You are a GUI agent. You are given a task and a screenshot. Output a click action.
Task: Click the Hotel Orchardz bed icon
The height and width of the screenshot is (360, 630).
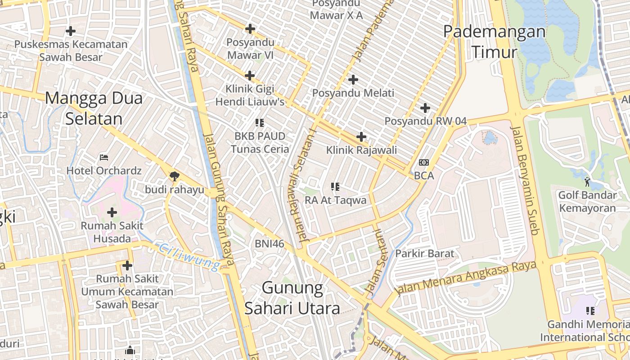click(x=104, y=157)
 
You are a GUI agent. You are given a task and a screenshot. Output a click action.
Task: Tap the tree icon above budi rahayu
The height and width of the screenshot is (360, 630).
click(x=174, y=176)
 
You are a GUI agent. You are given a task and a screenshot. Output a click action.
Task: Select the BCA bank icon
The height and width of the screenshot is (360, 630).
click(x=424, y=162)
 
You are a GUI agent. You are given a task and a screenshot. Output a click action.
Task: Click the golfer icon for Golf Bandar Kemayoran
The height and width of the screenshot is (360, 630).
click(x=587, y=182)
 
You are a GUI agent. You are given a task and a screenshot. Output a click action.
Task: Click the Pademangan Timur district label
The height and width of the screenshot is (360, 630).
click(x=494, y=42)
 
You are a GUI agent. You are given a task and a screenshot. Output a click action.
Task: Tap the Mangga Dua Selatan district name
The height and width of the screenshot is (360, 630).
click(x=94, y=108)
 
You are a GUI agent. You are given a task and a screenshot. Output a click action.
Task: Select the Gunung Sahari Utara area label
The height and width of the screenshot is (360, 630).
click(x=292, y=297)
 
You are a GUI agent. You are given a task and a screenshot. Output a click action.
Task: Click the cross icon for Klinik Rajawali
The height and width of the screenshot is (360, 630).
click(x=361, y=136)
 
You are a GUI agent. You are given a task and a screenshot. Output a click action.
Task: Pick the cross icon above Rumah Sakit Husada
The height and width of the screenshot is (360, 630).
click(x=112, y=212)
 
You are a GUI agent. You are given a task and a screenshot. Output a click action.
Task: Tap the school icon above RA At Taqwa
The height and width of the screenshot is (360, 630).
click(x=335, y=186)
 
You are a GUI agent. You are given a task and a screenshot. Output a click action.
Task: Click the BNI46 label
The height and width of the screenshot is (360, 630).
click(x=270, y=243)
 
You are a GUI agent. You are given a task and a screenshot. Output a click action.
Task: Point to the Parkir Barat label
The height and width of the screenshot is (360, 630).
click(x=425, y=253)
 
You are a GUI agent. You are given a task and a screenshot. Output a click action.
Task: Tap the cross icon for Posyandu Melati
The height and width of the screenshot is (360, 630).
click(x=353, y=80)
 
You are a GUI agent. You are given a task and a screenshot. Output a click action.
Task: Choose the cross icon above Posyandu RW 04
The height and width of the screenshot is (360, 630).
click(x=425, y=108)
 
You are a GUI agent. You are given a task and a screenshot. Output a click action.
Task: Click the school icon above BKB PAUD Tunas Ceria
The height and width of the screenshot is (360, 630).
click(x=260, y=122)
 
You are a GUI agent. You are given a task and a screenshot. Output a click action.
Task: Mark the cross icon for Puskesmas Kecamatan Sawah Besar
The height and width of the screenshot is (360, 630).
click(x=71, y=31)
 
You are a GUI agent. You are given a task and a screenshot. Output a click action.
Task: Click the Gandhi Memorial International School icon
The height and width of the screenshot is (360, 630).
click(x=590, y=310)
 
